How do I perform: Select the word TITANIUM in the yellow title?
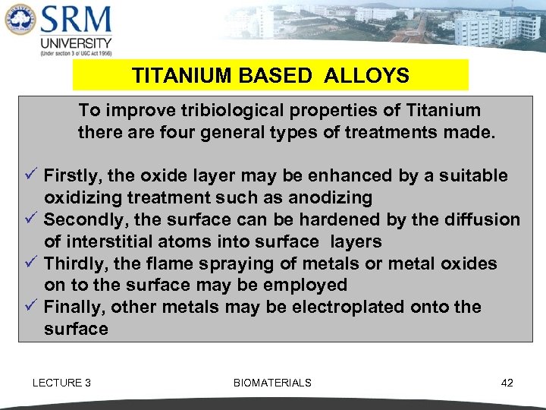coord(172,76)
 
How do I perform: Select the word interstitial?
coord(108,242)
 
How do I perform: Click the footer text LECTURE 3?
coord(61,383)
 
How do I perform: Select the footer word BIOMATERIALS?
coord(272,383)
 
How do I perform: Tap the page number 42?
coord(507,383)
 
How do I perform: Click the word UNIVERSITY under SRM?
coord(76,43)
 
